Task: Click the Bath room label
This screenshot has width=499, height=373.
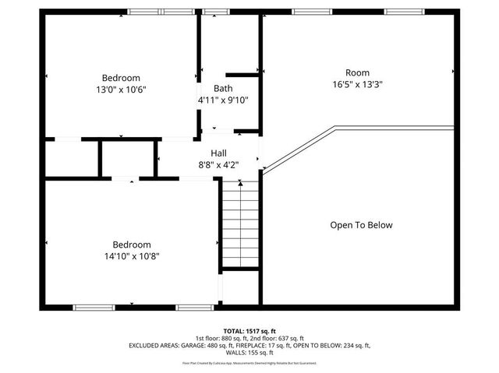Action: (x=223, y=88)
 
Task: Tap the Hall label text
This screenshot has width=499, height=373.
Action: (x=219, y=153)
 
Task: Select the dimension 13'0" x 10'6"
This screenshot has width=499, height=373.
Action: (x=121, y=90)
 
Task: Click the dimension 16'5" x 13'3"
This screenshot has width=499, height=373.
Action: (x=357, y=84)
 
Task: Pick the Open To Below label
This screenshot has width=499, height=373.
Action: (x=361, y=225)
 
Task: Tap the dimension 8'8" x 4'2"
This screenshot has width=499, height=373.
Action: (x=219, y=165)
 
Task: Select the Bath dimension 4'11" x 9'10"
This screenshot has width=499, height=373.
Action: (x=223, y=100)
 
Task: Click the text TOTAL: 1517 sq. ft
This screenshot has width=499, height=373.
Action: (x=249, y=330)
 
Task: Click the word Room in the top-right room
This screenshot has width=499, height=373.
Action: (x=358, y=72)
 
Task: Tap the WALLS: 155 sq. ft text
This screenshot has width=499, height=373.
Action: (x=249, y=351)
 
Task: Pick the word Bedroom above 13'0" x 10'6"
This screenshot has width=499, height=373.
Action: (x=121, y=78)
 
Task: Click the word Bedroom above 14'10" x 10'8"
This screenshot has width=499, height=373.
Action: (x=131, y=244)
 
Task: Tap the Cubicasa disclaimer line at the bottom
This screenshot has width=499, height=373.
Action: (x=249, y=362)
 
